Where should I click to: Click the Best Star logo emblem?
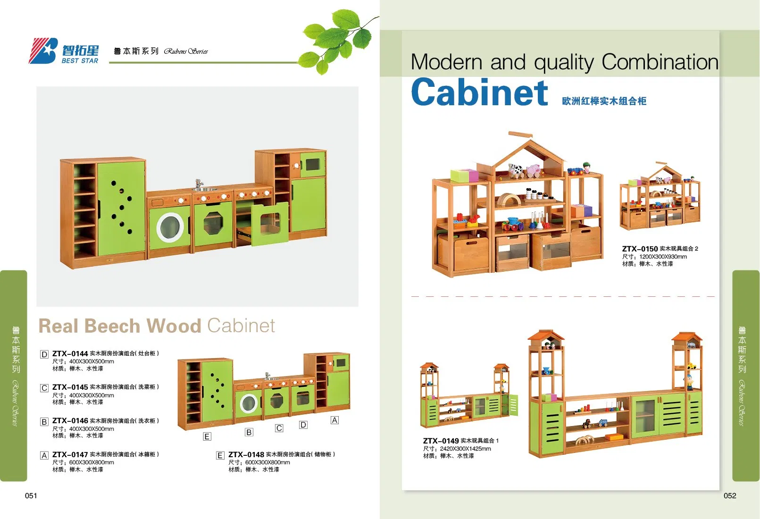coord(43,51)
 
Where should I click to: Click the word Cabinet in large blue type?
coord(479,93)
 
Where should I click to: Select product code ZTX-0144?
coord(70,353)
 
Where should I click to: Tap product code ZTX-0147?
coord(70,454)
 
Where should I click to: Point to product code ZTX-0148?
coord(246,454)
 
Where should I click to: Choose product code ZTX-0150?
coord(640,249)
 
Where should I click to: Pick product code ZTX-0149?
coord(441,441)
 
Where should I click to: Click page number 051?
coord(31,495)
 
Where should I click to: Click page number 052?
coord(730,495)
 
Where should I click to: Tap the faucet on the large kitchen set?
coord(199,184)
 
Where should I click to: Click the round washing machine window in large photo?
coord(170,227)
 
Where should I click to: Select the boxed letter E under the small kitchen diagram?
coord(207,437)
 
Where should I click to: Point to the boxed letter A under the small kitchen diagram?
coord(334,420)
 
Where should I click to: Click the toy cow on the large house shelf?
coord(516,170)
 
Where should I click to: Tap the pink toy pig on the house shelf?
coord(534,170)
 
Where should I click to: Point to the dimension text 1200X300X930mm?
coord(663,257)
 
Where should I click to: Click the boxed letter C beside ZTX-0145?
coord(44,388)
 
